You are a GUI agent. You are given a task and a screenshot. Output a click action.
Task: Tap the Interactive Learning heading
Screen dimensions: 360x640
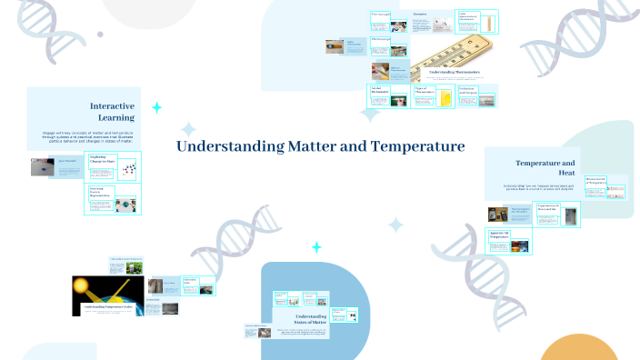click(x=112, y=111)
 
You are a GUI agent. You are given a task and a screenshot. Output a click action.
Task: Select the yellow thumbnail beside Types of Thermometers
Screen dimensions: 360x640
click(x=445, y=96)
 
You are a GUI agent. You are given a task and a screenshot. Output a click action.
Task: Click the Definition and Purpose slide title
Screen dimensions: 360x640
click(x=468, y=91)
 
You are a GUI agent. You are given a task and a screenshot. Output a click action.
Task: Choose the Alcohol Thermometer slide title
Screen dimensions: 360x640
click(x=380, y=91)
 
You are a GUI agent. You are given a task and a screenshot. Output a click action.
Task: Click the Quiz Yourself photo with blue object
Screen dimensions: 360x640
click(x=42, y=166)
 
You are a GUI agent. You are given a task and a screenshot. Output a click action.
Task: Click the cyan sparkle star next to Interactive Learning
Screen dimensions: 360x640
click(x=156, y=108)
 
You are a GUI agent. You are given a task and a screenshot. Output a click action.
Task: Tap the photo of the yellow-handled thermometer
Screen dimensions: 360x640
click(x=334, y=45)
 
